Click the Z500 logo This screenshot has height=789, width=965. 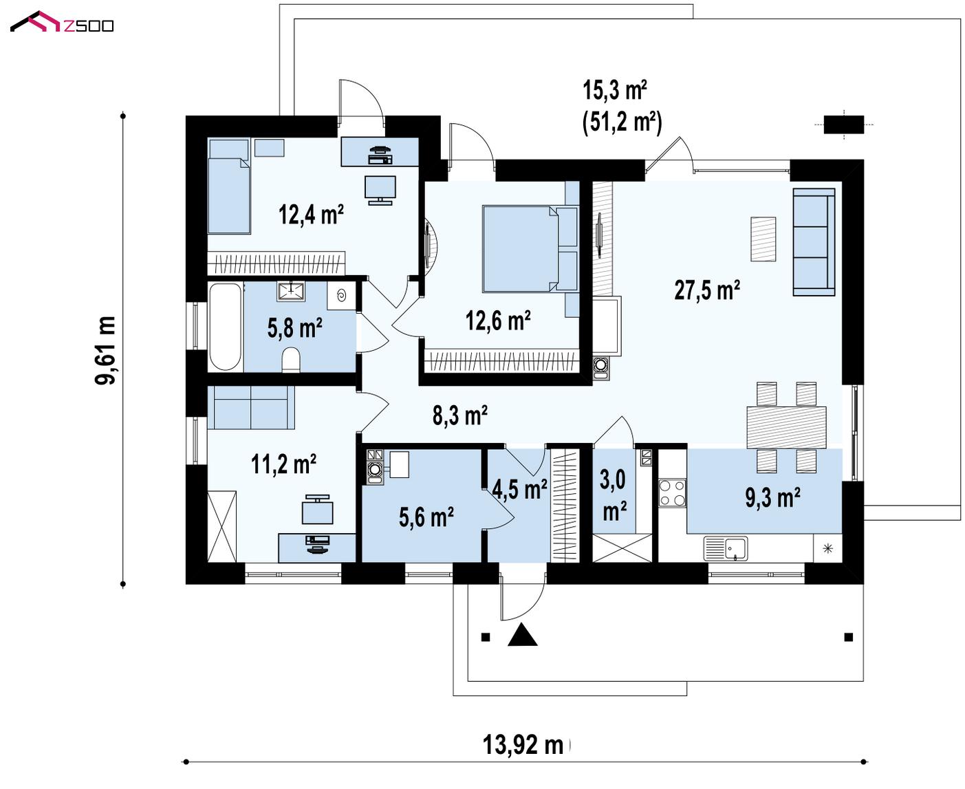(x=62, y=22)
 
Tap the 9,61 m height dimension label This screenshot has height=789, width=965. (x=105, y=350)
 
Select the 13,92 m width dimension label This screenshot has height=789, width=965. (x=523, y=745)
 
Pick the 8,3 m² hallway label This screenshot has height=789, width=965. (x=460, y=415)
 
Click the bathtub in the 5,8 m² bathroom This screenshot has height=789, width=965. (x=225, y=327)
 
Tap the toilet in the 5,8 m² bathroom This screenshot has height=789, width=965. (x=291, y=360)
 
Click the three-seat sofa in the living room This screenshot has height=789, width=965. (x=814, y=242)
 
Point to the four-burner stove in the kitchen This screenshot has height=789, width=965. (x=672, y=493)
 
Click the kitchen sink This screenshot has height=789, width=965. (x=726, y=548)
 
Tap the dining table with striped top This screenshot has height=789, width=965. (x=786, y=427)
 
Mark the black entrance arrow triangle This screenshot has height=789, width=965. (x=523, y=634)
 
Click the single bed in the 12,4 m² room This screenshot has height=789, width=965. (x=228, y=186)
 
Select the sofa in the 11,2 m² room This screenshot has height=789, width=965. (x=251, y=407)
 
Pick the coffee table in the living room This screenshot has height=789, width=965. (x=763, y=239)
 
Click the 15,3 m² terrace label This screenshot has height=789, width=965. (x=614, y=89)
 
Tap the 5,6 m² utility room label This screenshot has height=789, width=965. (x=426, y=517)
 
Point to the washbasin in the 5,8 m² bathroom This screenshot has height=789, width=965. (x=290, y=291)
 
